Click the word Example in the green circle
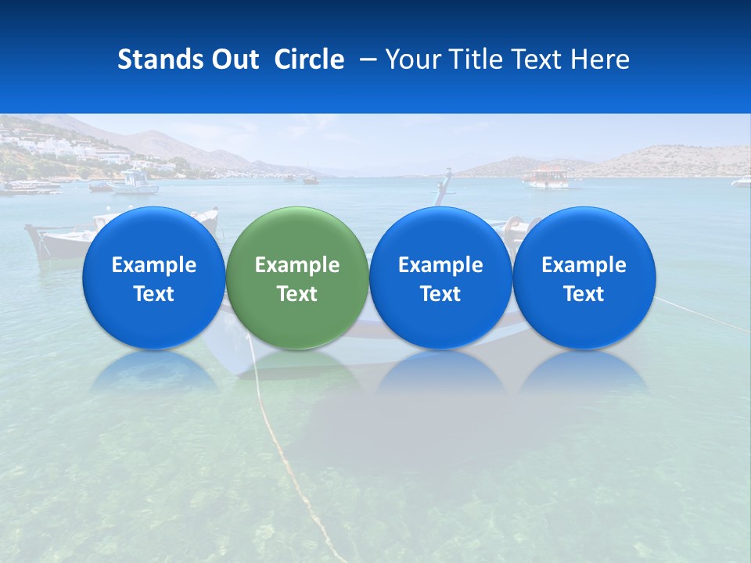click(x=296, y=265)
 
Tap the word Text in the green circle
click(x=296, y=294)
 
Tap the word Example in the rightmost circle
click(x=584, y=265)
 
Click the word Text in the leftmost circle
click(x=153, y=294)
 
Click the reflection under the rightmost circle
click(x=584, y=371)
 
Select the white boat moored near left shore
click(x=135, y=183)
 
